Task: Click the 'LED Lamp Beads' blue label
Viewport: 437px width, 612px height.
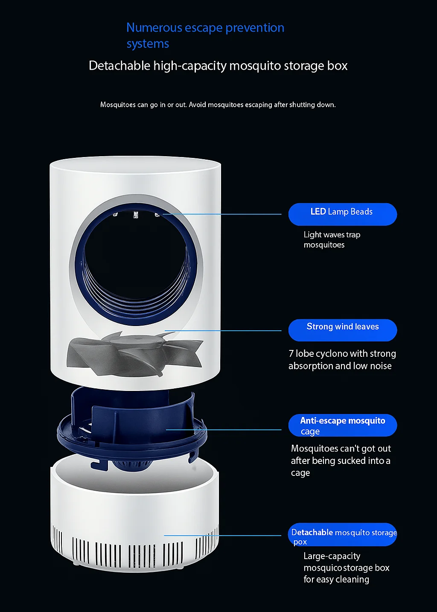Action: tap(342, 214)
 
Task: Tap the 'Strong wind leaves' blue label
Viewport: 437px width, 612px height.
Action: tap(342, 330)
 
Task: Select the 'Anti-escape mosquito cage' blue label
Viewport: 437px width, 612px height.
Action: tap(342, 425)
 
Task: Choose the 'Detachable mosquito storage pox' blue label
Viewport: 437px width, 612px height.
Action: tap(342, 534)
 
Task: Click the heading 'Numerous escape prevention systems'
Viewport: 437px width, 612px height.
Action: tap(205, 35)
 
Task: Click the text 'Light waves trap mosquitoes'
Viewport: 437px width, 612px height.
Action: tap(332, 239)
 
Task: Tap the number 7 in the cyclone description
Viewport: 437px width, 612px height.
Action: tap(291, 354)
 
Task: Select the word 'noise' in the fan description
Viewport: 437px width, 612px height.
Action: tap(380, 366)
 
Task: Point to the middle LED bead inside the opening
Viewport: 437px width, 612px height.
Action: tap(136, 215)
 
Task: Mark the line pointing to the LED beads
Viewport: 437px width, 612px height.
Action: tap(222, 214)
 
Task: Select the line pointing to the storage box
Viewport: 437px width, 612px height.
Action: tap(222, 535)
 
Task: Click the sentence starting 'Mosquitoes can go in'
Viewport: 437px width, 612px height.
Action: tap(218, 105)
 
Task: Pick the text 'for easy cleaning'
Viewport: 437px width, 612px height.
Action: tap(336, 579)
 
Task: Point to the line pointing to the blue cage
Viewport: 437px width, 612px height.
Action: tap(224, 430)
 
